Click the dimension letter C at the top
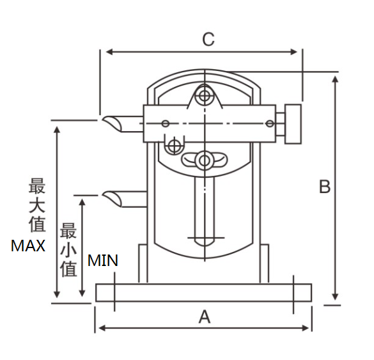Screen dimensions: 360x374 208,39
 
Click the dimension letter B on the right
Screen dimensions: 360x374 325,187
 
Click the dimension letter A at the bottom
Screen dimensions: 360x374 204,316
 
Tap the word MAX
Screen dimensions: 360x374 28,246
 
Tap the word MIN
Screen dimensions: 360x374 103,260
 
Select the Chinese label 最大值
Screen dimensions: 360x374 36,206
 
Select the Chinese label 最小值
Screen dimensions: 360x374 68,249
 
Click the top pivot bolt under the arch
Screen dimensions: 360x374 205,96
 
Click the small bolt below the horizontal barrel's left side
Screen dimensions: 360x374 173,146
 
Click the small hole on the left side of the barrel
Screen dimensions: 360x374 166,123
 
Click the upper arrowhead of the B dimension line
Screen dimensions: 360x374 335,78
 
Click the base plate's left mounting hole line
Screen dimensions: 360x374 114,292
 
